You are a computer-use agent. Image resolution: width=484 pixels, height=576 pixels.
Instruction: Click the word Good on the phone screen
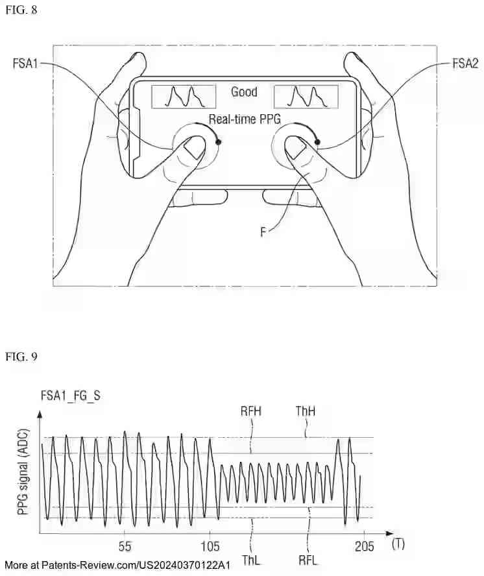[244, 92]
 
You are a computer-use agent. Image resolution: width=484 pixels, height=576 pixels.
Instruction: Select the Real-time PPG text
[243, 119]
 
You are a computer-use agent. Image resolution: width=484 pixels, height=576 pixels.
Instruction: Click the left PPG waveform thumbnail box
[184, 97]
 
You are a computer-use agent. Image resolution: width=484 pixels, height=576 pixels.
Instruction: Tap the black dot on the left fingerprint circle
[219, 141]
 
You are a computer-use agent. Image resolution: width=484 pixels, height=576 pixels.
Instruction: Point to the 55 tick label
[125, 546]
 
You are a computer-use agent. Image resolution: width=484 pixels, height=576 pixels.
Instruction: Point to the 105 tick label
[210, 546]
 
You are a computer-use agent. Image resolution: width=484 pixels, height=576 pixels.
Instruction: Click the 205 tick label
[364, 546]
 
